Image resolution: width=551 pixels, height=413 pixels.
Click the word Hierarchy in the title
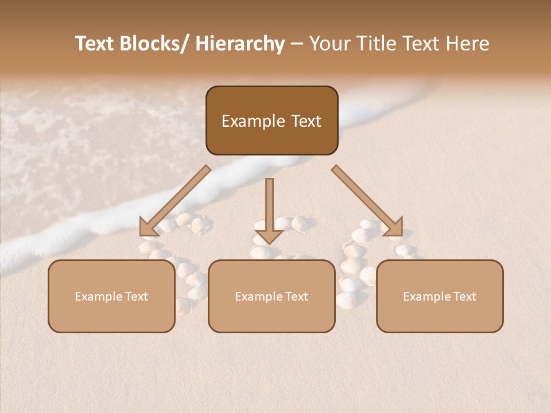[x=240, y=44]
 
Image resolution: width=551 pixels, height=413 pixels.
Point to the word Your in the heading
[x=329, y=44]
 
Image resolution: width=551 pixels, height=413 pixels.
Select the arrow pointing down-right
[x=368, y=201]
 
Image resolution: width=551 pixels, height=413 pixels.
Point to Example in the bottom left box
[x=99, y=297]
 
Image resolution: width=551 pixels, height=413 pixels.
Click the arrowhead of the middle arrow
[x=269, y=236]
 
